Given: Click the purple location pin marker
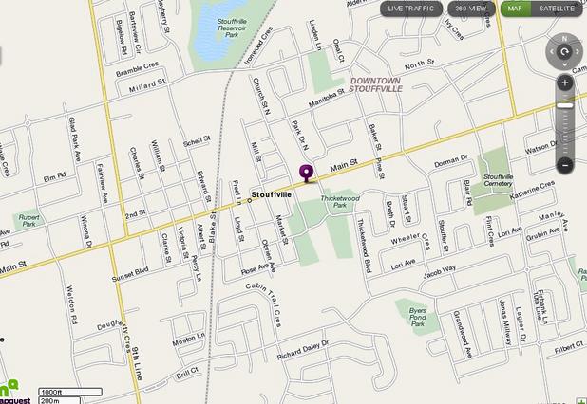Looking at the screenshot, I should (306, 173).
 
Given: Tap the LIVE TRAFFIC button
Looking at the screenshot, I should (410, 9).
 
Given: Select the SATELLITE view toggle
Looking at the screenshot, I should (557, 9).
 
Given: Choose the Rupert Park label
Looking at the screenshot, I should (28, 222).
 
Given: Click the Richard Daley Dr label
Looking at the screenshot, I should (301, 350).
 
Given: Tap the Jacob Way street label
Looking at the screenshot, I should (440, 270).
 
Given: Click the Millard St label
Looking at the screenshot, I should (146, 87).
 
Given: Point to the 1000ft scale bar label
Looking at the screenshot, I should (51, 392).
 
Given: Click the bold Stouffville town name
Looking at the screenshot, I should (271, 194).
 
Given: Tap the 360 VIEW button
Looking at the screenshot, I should (471, 9).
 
